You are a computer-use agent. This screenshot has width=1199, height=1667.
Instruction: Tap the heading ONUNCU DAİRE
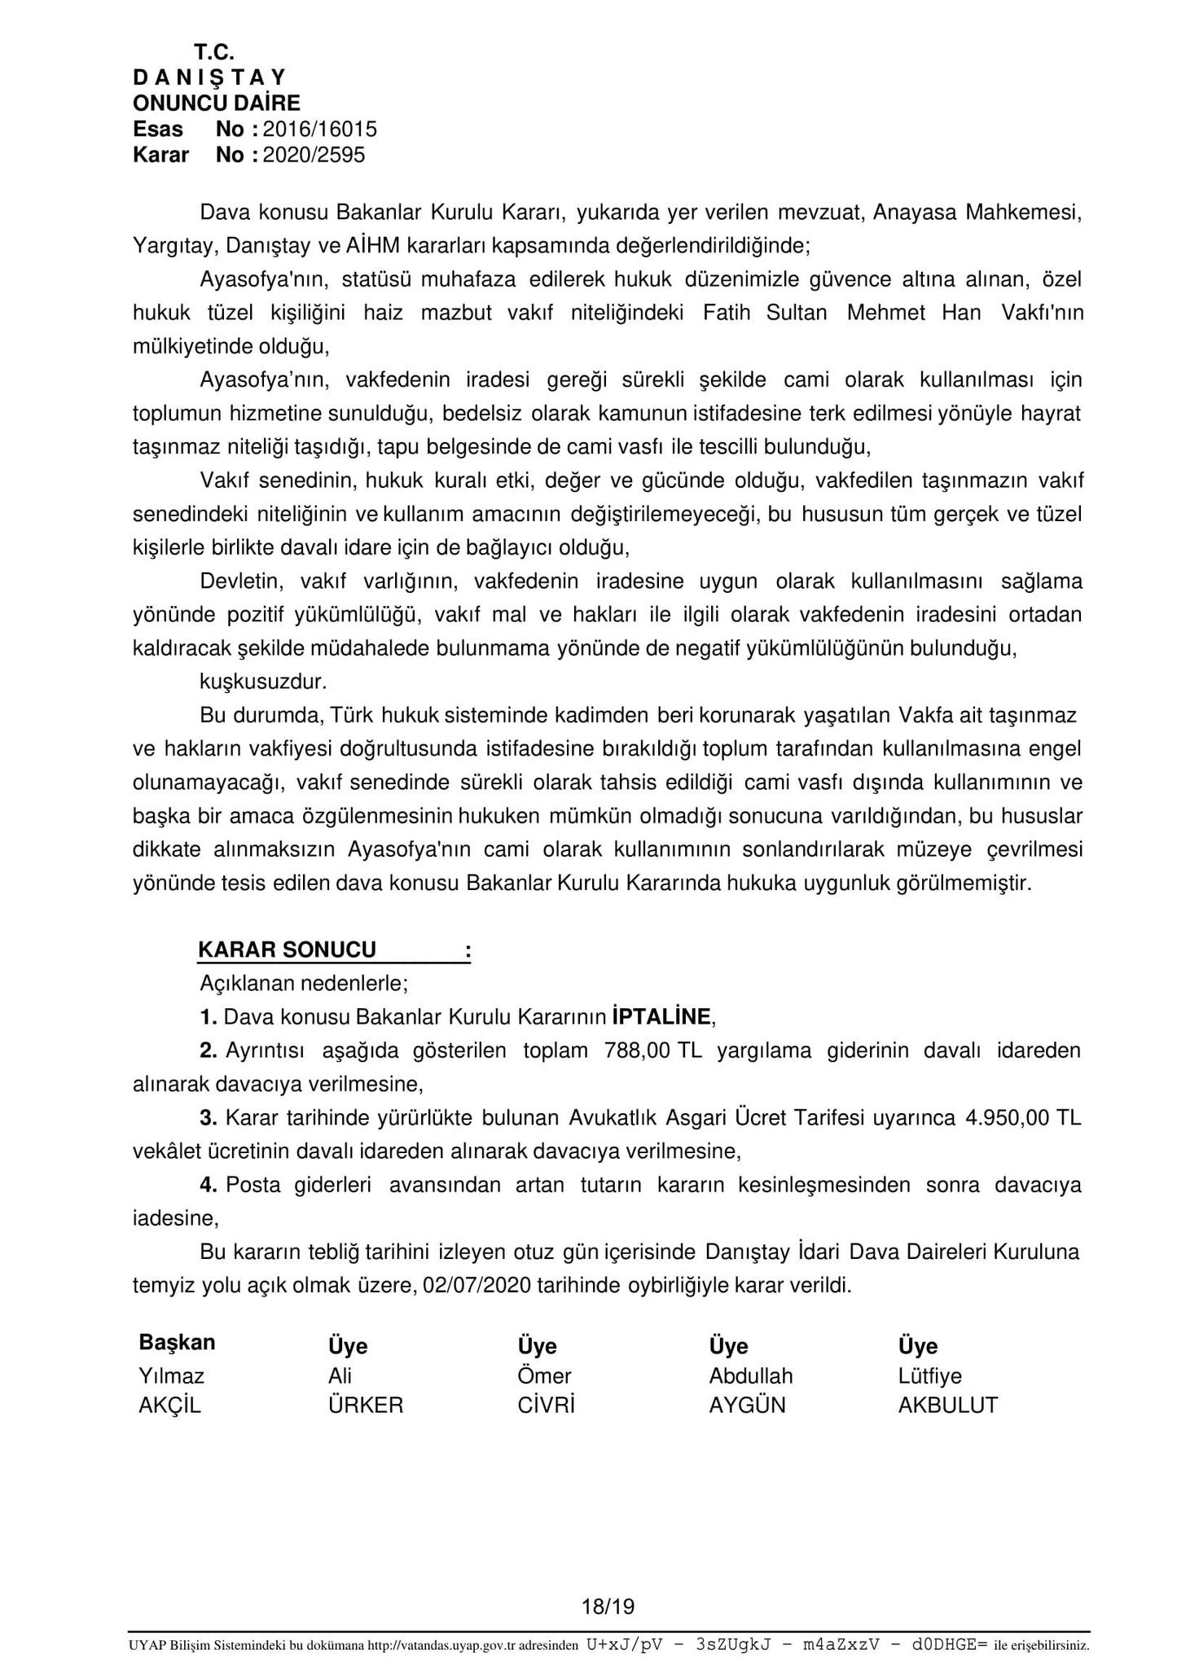click(x=217, y=103)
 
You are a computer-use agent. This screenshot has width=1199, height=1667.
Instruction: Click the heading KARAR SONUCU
click(x=287, y=950)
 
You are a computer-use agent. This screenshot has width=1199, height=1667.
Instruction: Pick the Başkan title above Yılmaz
click(x=177, y=1342)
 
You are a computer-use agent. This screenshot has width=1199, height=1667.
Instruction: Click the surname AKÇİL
click(x=169, y=1406)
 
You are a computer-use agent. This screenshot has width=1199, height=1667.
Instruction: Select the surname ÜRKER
click(x=366, y=1406)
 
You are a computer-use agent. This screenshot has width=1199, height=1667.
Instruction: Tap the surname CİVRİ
click(x=547, y=1406)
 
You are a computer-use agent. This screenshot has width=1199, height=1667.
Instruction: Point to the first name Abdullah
click(x=751, y=1375)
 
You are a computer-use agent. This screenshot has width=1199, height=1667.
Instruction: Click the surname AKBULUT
click(x=948, y=1406)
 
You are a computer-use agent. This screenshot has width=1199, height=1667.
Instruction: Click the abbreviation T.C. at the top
click(x=214, y=52)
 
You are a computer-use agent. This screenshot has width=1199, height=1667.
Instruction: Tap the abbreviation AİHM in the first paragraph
click(x=373, y=245)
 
